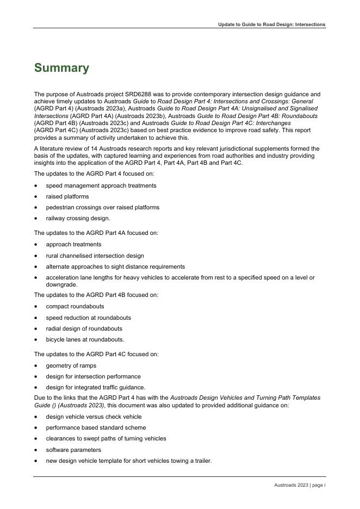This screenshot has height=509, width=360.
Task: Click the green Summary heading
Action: click(61, 68)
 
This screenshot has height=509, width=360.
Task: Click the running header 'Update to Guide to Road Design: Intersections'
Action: click(271, 24)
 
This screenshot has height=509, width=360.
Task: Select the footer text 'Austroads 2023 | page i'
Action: click(300, 485)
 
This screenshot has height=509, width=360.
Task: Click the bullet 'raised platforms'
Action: click(67, 196)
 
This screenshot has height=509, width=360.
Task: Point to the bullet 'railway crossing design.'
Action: click(78, 218)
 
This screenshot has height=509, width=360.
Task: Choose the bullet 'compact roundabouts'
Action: click(75, 306)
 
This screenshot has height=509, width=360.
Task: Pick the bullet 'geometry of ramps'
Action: click(71, 365)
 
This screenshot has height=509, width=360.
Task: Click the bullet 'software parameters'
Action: click(73, 450)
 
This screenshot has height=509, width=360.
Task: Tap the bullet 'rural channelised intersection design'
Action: click(95, 256)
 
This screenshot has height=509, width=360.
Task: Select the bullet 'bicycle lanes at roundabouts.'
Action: click(85, 339)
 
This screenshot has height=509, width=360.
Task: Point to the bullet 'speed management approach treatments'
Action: click(101, 185)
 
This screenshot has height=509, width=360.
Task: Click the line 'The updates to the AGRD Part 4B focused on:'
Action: click(96, 295)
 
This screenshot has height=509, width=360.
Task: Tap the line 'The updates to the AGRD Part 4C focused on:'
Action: click(96, 354)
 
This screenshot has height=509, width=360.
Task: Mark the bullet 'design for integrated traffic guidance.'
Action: click(96, 387)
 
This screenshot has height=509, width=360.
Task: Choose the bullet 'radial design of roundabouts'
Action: click(84, 328)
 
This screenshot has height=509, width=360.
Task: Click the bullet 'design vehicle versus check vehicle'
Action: click(94, 417)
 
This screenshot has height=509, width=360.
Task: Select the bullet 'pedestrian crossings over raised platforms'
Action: click(103, 207)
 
